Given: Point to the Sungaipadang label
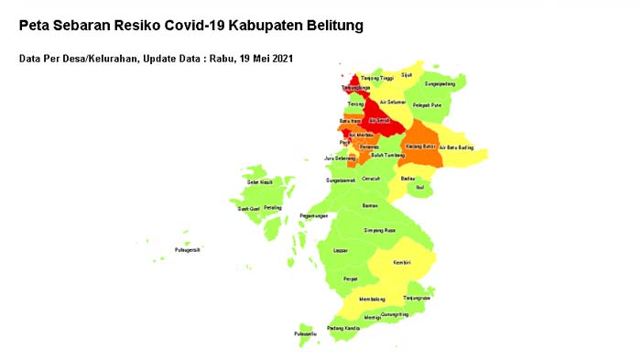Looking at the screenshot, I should click(x=436, y=83).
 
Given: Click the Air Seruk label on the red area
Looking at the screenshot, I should click(x=379, y=119).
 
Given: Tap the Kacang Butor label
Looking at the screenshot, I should click(x=420, y=146).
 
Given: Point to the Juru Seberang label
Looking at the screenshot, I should click(x=340, y=158).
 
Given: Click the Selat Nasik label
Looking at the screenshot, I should click(x=261, y=182).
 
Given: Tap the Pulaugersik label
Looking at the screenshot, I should click(x=188, y=249).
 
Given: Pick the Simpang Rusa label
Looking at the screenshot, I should click(x=379, y=230).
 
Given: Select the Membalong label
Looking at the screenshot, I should click(x=371, y=299).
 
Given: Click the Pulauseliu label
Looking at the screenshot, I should click(x=305, y=334).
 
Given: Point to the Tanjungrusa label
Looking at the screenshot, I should click(x=416, y=298).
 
